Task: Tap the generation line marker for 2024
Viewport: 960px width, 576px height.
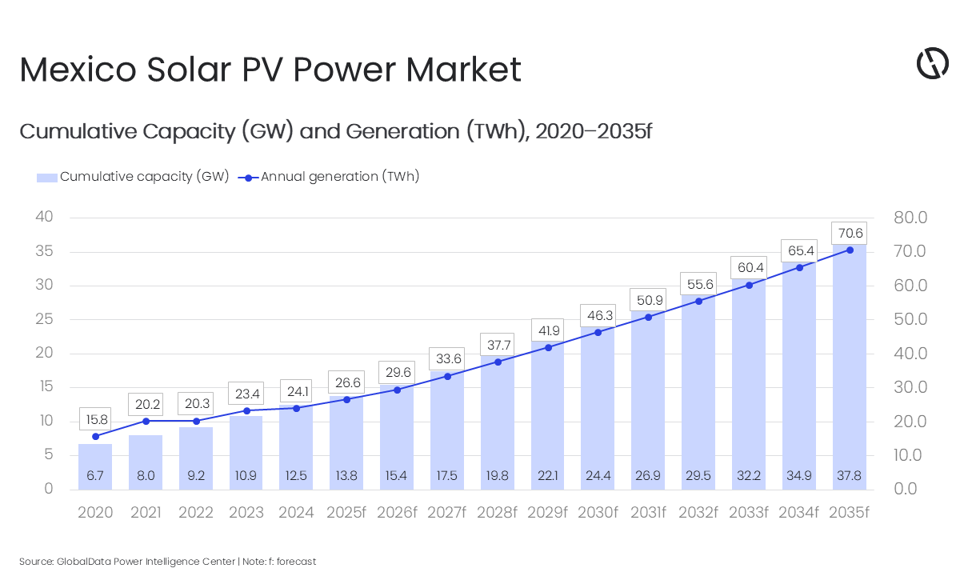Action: click(296, 408)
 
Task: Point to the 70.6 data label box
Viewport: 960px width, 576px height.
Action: click(850, 234)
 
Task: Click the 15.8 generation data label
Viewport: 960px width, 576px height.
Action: click(95, 419)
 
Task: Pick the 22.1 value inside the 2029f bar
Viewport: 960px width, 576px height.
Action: click(548, 476)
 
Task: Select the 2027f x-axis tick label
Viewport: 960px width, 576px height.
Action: click(447, 512)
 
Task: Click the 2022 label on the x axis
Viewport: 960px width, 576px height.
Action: click(196, 512)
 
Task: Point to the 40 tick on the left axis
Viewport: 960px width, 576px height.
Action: click(44, 218)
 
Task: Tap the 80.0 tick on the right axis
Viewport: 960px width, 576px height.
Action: click(911, 218)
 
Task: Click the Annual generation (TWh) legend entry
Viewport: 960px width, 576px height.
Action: click(330, 177)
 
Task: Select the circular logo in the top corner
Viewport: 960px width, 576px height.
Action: click(932, 63)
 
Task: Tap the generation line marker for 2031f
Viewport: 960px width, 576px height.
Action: click(648, 317)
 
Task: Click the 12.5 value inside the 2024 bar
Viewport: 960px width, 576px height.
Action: click(296, 476)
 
